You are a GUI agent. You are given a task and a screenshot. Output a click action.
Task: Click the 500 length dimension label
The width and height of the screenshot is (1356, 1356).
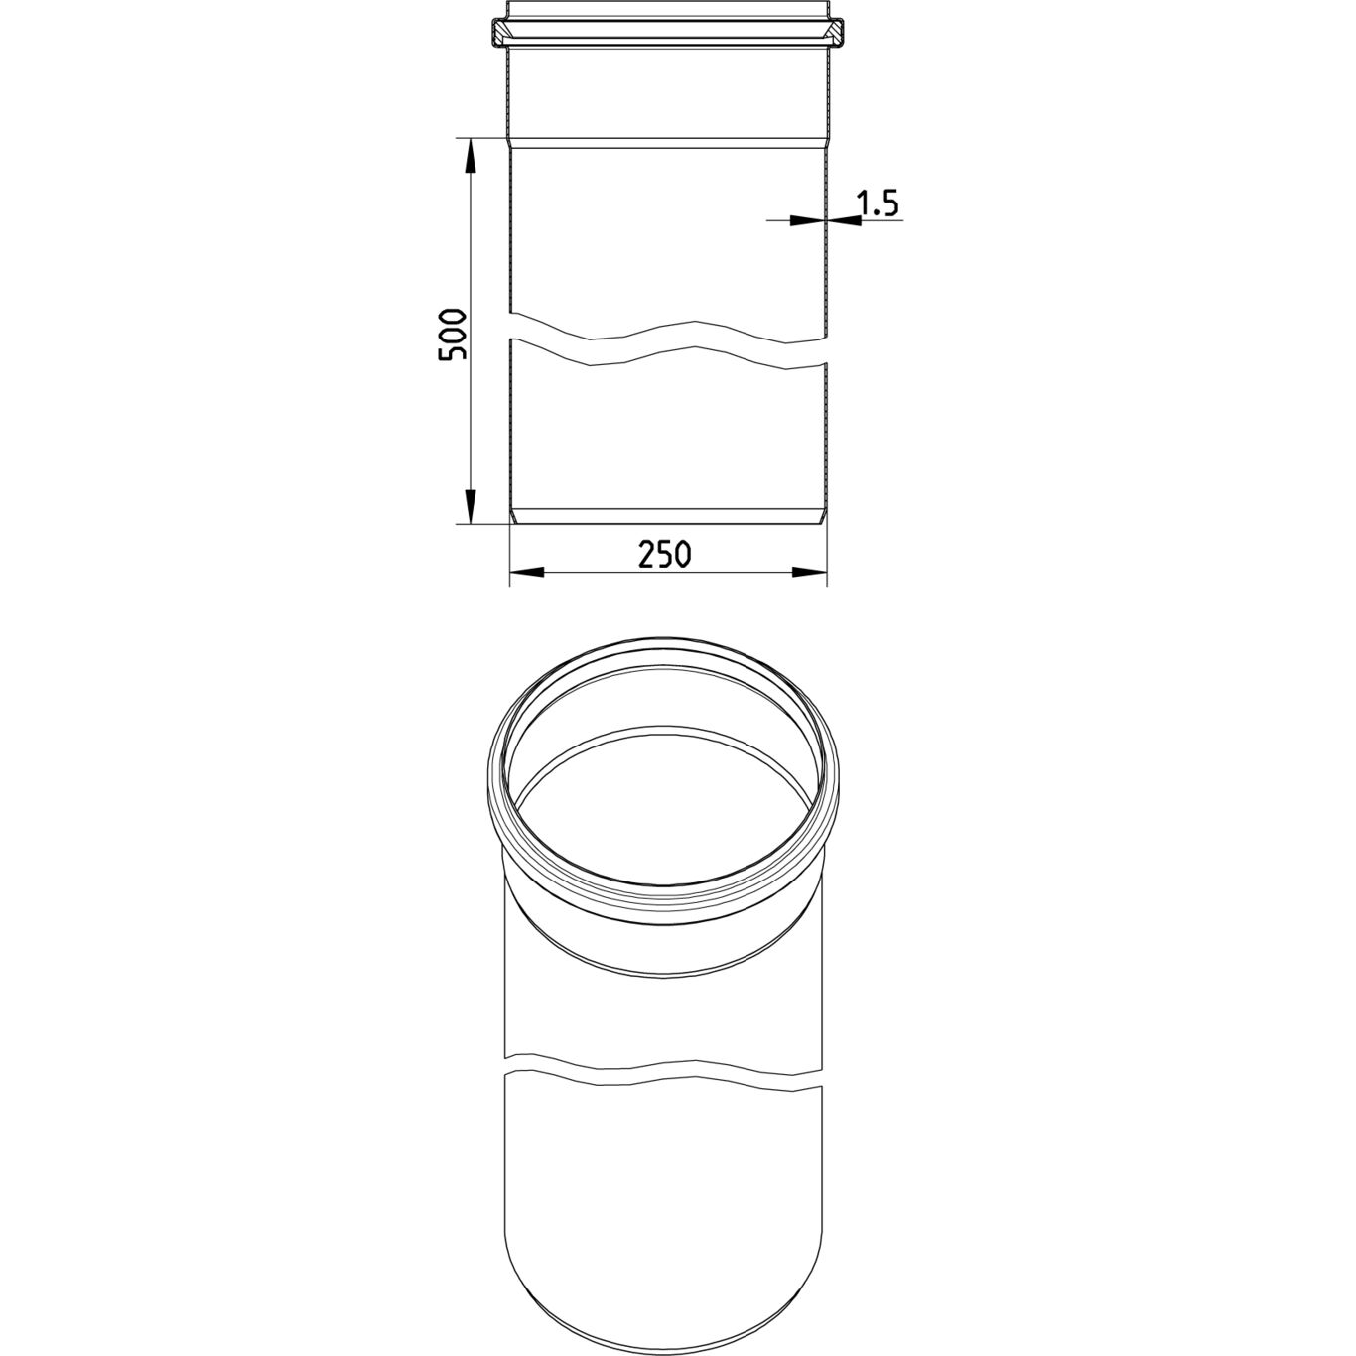pos(452,335)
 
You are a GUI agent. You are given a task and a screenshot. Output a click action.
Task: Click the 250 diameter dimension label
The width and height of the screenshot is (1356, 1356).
pos(665,555)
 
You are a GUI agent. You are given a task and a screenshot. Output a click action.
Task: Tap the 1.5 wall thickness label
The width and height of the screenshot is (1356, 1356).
pos(877,203)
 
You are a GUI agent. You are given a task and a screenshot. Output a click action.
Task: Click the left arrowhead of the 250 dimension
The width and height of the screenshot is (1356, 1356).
pos(527,573)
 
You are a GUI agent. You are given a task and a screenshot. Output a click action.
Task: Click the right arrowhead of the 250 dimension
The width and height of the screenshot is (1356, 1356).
pos(809,573)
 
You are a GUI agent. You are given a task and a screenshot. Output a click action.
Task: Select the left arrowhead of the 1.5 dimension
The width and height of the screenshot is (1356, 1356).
pos(807,221)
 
